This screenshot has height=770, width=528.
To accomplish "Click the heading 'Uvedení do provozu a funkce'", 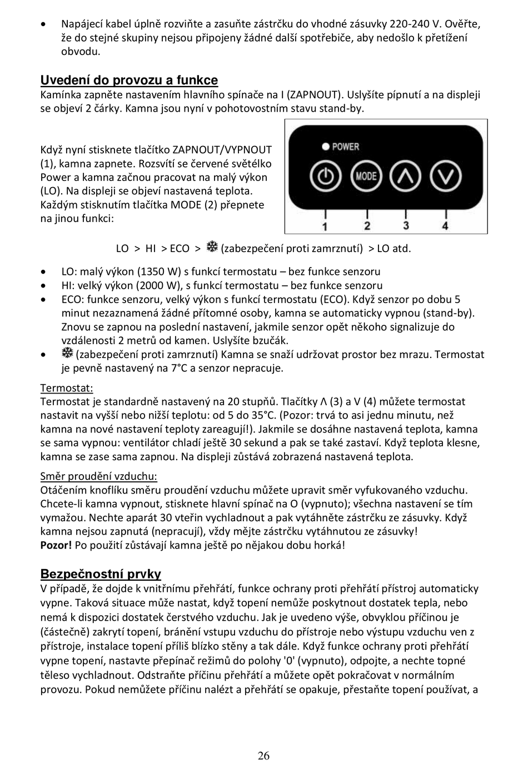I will click(x=129, y=80).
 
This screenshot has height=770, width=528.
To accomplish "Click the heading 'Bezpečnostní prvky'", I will click(x=101, y=574).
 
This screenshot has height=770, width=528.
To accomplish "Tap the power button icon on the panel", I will click(x=325, y=177).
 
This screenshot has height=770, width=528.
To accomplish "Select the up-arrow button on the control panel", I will click(x=406, y=177).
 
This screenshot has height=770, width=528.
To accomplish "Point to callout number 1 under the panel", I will click(x=325, y=225).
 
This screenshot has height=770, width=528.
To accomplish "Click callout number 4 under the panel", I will click(x=445, y=225).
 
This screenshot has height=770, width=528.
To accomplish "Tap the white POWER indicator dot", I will click(x=326, y=147).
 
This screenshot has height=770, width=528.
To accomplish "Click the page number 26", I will click(x=264, y=756).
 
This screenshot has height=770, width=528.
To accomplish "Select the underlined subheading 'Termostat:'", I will click(x=67, y=388).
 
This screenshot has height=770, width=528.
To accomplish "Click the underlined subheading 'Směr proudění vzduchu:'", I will click(x=98, y=476).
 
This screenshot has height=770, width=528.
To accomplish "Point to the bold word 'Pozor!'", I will click(x=56, y=545).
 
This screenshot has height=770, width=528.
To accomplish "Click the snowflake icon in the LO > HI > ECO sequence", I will click(x=212, y=248).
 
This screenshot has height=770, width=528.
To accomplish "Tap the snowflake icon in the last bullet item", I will click(x=67, y=354).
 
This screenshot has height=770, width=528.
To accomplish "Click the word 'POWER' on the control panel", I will click(x=345, y=147).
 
